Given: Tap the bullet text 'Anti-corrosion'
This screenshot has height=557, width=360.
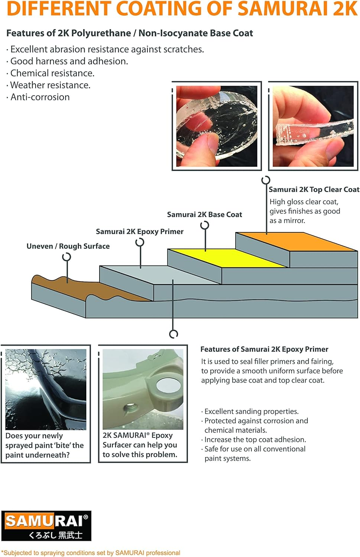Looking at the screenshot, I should click(x=40, y=97).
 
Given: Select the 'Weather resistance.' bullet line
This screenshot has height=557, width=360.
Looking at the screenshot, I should click(x=50, y=85).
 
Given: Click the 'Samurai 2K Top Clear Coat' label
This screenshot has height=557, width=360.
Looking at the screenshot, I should click(x=314, y=189).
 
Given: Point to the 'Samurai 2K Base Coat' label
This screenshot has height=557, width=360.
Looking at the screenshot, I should click(x=204, y=215).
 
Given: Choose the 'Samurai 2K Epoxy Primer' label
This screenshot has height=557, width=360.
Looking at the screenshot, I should click(x=140, y=232).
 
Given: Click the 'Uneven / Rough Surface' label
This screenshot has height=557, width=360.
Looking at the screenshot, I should click(x=68, y=246).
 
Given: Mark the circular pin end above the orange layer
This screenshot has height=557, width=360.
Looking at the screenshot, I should click(x=266, y=180).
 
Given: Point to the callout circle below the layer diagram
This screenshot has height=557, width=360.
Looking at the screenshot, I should click(x=173, y=334).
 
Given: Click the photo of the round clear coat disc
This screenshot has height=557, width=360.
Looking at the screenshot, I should click(x=217, y=126).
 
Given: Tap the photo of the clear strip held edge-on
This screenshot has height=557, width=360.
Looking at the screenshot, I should click(x=313, y=126).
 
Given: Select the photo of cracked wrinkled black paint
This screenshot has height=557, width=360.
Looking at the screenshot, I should click(x=46, y=389).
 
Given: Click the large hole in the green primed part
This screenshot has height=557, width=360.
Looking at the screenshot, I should click(x=168, y=385).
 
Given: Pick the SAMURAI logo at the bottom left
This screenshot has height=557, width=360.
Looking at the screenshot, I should click(x=46, y=525).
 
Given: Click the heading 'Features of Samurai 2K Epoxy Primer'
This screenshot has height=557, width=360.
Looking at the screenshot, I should click(x=264, y=349).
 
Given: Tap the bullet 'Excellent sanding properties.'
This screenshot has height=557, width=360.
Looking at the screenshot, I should click(x=252, y=411).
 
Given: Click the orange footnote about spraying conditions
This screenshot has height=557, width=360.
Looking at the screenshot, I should click(x=91, y=553).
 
